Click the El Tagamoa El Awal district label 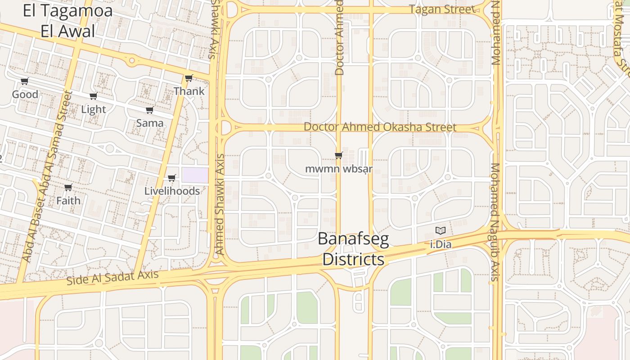coord(67,21)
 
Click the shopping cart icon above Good coord(25,81)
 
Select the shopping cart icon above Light coord(94,96)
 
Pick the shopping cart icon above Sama coord(150,110)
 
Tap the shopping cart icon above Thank coord(189,78)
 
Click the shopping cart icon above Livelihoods coord(172,178)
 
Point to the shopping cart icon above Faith coord(68,188)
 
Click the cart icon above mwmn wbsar coord(339,156)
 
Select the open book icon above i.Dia coord(441,231)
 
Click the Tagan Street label coord(442,9)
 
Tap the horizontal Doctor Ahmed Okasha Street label coord(380,127)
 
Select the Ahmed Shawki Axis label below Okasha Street coord(219,205)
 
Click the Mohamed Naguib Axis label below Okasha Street coord(495,222)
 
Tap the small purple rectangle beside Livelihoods coord(195,175)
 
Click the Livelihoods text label coord(172,191)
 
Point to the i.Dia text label coord(441,245)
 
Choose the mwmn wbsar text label coord(339,169)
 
